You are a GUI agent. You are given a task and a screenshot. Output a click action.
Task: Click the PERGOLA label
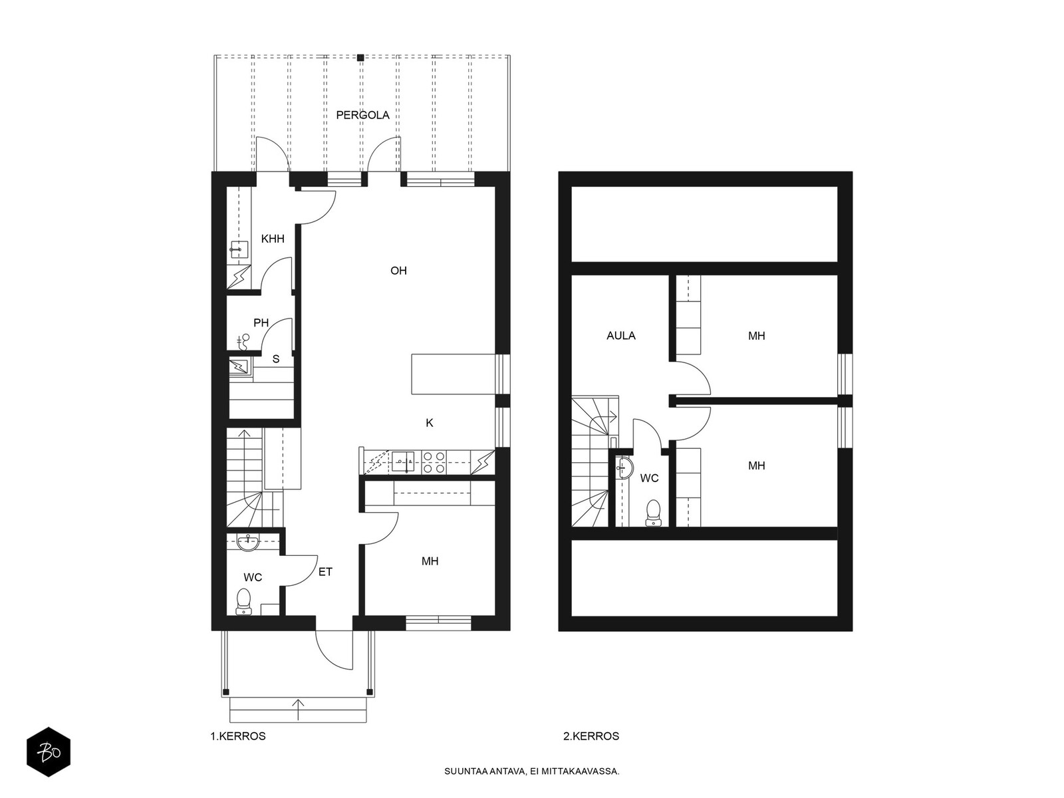coord(362,115)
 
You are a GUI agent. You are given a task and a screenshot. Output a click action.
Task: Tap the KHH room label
coord(273,239)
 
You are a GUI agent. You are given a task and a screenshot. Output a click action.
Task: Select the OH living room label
coord(398,271)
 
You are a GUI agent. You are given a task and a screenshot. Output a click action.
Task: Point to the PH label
coord(261,323)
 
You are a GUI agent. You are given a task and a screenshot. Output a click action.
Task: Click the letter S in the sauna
coord(276,359)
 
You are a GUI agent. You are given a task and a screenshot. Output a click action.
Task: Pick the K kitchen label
coord(430,423)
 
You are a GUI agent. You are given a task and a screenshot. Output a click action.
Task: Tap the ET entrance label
coord(325,572)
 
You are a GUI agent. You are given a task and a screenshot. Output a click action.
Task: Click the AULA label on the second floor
coord(621,336)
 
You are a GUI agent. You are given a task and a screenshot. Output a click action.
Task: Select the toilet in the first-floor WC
coord(243,602)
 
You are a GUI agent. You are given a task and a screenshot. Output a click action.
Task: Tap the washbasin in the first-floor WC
coord(248,543)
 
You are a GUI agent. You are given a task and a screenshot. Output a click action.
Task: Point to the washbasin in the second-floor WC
coord(624,468)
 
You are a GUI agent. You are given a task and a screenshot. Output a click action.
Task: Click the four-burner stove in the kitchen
coord(434,462)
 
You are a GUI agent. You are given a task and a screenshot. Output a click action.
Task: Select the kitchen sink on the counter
coord(403,462)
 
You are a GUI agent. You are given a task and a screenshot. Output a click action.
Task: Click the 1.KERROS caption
coord(238,736)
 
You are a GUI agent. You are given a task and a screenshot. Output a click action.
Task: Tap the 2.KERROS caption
coord(591,736)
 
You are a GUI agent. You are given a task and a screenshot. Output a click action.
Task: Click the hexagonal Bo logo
coord(49,752)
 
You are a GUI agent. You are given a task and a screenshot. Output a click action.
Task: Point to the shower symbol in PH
coord(244,342)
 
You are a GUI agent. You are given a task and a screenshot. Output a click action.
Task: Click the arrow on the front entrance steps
coord(298,710)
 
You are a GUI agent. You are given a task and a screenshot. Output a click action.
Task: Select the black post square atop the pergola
coord(360,58)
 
